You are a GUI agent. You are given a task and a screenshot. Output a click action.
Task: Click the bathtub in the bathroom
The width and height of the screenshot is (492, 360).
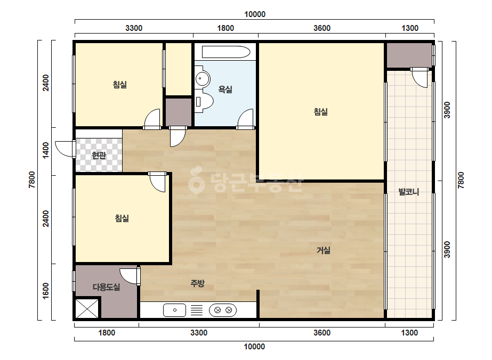pyautogui.click(x=226, y=52)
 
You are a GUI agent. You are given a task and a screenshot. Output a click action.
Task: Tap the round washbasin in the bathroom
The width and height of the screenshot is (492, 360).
pyautogui.click(x=203, y=78)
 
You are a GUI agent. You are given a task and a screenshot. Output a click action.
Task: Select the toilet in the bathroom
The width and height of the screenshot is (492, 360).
pyautogui.click(x=204, y=101)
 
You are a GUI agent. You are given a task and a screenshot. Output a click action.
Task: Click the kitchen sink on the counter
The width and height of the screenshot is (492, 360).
pyautogui.click(x=174, y=310)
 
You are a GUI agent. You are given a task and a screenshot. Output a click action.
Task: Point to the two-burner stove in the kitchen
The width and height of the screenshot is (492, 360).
pyautogui.click(x=223, y=310)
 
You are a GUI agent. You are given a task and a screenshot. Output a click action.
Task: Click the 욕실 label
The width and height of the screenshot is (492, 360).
pyautogui.click(x=225, y=89)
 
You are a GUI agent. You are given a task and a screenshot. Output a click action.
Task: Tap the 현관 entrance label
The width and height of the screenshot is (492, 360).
pyautogui.click(x=99, y=155)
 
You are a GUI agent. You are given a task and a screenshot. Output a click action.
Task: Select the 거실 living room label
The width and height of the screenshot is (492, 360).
pyautogui.click(x=324, y=250)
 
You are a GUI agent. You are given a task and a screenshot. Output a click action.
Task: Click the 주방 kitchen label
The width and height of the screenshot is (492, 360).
pyautogui.click(x=198, y=283)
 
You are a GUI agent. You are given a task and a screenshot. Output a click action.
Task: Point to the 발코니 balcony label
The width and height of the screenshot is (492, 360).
pyautogui.click(x=409, y=192)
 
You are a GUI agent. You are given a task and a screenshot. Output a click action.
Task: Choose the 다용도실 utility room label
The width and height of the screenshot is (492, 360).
pyautogui.click(x=107, y=287)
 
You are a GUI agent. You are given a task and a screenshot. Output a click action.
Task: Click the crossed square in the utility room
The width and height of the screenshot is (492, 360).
pyautogui.click(x=87, y=308)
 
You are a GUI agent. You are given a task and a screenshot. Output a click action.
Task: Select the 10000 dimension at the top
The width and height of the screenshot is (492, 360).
pyautogui.click(x=255, y=14)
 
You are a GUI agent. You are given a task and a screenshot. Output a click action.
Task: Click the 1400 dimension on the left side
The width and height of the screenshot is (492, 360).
pyautogui.click(x=46, y=150)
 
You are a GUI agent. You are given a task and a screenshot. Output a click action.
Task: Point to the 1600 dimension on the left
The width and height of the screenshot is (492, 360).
pyautogui.click(x=46, y=291)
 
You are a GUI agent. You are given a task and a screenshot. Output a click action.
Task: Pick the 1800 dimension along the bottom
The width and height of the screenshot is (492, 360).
pyautogui.click(x=107, y=333)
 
